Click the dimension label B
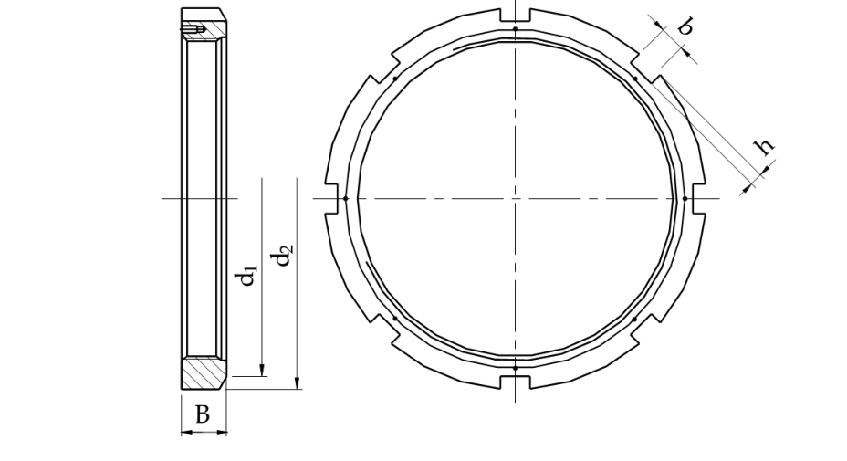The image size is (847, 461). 202,414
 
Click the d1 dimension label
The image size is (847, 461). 246,275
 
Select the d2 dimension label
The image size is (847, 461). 283,255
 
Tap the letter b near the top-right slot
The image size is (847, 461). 685,25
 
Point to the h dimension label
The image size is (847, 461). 764,145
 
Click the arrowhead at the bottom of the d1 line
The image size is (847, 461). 262,371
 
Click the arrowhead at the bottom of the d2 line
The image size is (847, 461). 298,382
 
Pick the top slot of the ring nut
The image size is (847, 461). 516,16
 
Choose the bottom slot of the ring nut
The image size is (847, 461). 516,382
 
